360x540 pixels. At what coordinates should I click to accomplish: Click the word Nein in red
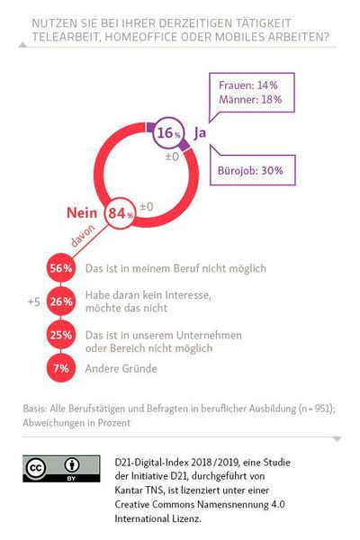coord(82,214)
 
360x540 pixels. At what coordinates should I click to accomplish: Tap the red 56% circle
coord(61,268)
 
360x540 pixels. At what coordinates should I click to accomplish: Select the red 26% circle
coord(61,302)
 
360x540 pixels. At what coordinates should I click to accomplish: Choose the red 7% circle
coord(61,367)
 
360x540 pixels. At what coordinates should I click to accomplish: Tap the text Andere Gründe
coord(121,367)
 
